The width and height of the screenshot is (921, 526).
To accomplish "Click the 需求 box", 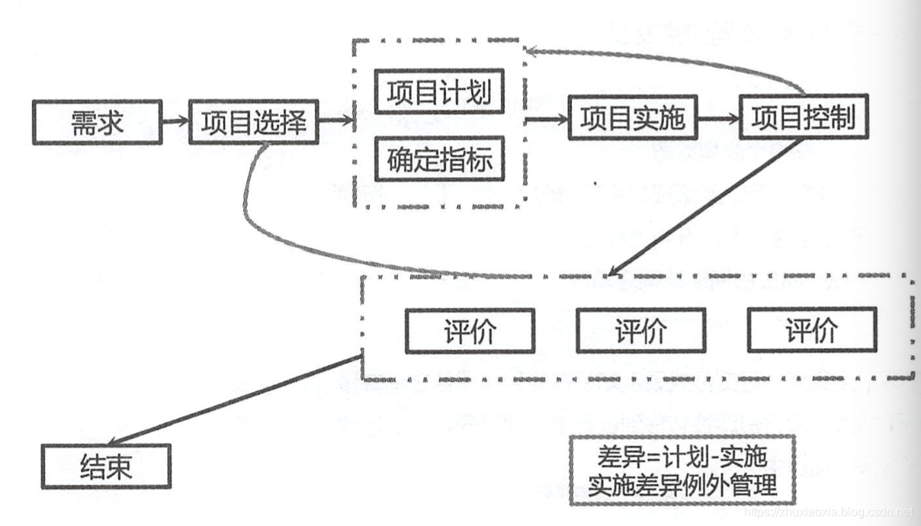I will pyautogui.click(x=97, y=121).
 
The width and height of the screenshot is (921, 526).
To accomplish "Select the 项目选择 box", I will pyautogui.click(x=252, y=121).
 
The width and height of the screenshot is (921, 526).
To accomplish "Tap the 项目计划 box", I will pyautogui.click(x=439, y=93).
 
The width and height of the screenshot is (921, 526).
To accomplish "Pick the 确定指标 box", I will pyautogui.click(x=439, y=159).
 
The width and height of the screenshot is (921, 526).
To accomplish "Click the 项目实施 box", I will pyautogui.click(x=633, y=118).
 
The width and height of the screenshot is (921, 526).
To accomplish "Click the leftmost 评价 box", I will pyautogui.click(x=470, y=330).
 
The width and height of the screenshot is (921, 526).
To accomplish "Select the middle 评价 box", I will pyautogui.click(x=640, y=330).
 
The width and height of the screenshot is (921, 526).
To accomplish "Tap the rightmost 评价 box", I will pyautogui.click(x=812, y=330).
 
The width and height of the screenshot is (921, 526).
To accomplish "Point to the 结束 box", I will pyautogui.click(x=106, y=466).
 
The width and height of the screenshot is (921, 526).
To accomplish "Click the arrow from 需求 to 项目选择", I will pyautogui.click(x=175, y=120).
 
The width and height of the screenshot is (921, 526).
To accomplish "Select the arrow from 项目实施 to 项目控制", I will pyautogui.click(x=719, y=119).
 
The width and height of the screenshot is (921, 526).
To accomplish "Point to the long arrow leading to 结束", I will pyautogui.click(x=229, y=401).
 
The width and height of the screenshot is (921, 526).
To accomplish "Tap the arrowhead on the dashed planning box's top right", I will pyautogui.click(x=534, y=51).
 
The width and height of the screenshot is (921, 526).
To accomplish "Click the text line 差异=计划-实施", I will pyautogui.click(x=682, y=458).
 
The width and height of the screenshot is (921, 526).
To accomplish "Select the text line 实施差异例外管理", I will pyautogui.click(x=682, y=484).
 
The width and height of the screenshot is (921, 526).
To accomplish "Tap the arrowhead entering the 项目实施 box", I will pyautogui.click(x=563, y=119).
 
